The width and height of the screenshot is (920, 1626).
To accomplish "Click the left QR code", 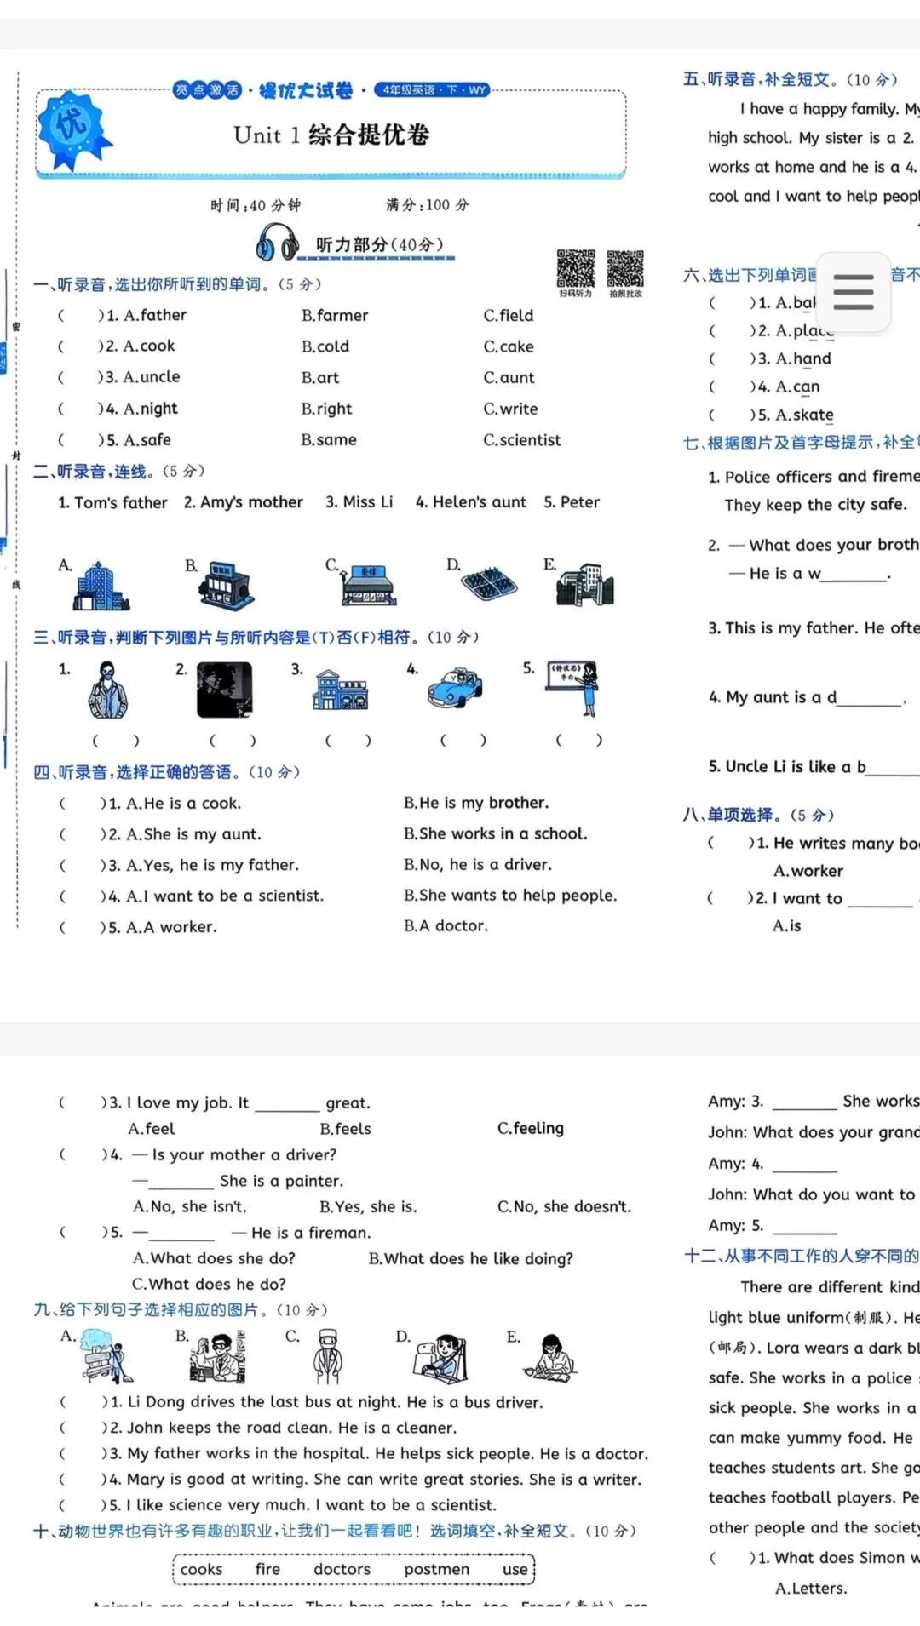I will tap(576, 269).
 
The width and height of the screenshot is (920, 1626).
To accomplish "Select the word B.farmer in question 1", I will tap(335, 316).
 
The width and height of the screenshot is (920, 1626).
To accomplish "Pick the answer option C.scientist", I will tap(522, 440).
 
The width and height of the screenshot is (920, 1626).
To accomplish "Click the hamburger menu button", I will tap(853, 291).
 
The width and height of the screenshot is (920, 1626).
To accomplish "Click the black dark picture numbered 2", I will tap(224, 690).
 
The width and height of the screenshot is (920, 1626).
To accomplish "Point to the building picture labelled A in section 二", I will tap(100, 587).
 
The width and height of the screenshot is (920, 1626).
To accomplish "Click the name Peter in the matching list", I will tap(579, 502).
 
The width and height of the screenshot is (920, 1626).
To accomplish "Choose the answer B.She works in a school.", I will tap(495, 834).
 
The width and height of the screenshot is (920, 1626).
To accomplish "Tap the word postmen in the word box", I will tap(436, 1569).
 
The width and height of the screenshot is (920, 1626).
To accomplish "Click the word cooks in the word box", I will tap(201, 1569).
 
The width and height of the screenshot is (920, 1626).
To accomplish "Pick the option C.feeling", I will tap(530, 1129).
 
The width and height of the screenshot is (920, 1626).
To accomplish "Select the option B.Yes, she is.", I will tap(368, 1207).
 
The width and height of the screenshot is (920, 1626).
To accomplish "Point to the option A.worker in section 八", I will tap(808, 871).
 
